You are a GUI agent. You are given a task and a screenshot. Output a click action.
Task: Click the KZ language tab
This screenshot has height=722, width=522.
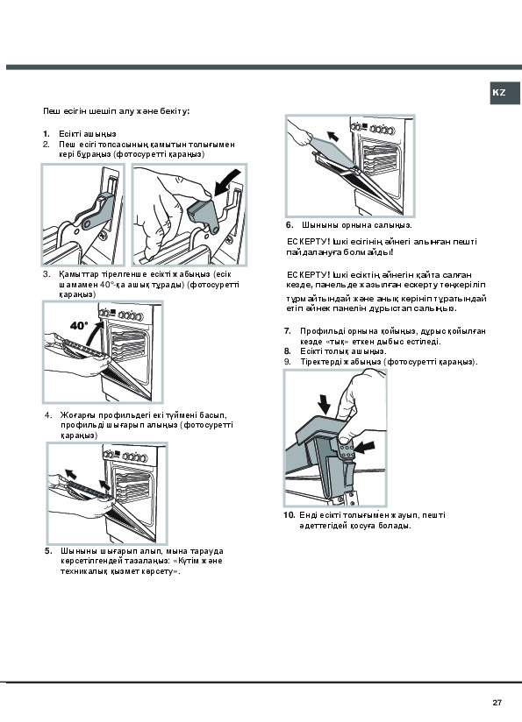(504, 93)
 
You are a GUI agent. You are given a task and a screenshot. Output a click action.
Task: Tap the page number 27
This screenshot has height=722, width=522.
(497, 702)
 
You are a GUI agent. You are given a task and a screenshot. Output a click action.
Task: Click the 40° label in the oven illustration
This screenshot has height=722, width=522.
(79, 326)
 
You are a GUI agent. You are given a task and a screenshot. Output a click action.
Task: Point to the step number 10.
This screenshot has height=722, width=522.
(290, 515)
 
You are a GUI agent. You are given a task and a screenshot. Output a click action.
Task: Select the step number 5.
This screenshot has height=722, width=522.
(48, 551)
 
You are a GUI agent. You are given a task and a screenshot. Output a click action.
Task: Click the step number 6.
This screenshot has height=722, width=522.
(290, 225)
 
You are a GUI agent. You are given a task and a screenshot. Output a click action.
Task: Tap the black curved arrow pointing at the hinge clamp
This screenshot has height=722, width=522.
(228, 182)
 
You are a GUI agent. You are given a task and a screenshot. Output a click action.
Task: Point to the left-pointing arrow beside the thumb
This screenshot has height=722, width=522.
(364, 446)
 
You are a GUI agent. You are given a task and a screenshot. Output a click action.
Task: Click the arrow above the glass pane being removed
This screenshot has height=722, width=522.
(333, 136)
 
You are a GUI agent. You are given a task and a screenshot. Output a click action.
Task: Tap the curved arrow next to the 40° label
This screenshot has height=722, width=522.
(95, 335)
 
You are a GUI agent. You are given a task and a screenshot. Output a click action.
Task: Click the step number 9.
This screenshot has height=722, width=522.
(287, 362)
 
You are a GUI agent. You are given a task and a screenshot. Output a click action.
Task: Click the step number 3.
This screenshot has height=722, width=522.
(46, 274)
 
